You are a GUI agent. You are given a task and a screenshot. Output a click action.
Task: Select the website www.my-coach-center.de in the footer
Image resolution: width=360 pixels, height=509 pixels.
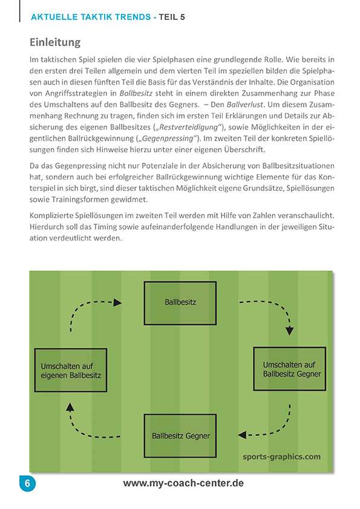pyautogui.click(x=183, y=484)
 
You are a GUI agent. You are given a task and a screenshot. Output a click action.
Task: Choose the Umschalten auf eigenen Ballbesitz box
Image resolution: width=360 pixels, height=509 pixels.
pyautogui.click(x=71, y=370)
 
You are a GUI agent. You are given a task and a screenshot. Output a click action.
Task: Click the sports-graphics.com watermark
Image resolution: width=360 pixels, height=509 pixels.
pyautogui.click(x=281, y=456)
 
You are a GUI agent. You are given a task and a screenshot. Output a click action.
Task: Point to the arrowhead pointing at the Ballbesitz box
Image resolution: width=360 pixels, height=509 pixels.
pyautogui.click(x=117, y=302)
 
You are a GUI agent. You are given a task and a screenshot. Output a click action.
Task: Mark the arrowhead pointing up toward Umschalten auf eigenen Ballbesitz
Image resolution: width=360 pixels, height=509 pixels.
pyautogui.click(x=70, y=407)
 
